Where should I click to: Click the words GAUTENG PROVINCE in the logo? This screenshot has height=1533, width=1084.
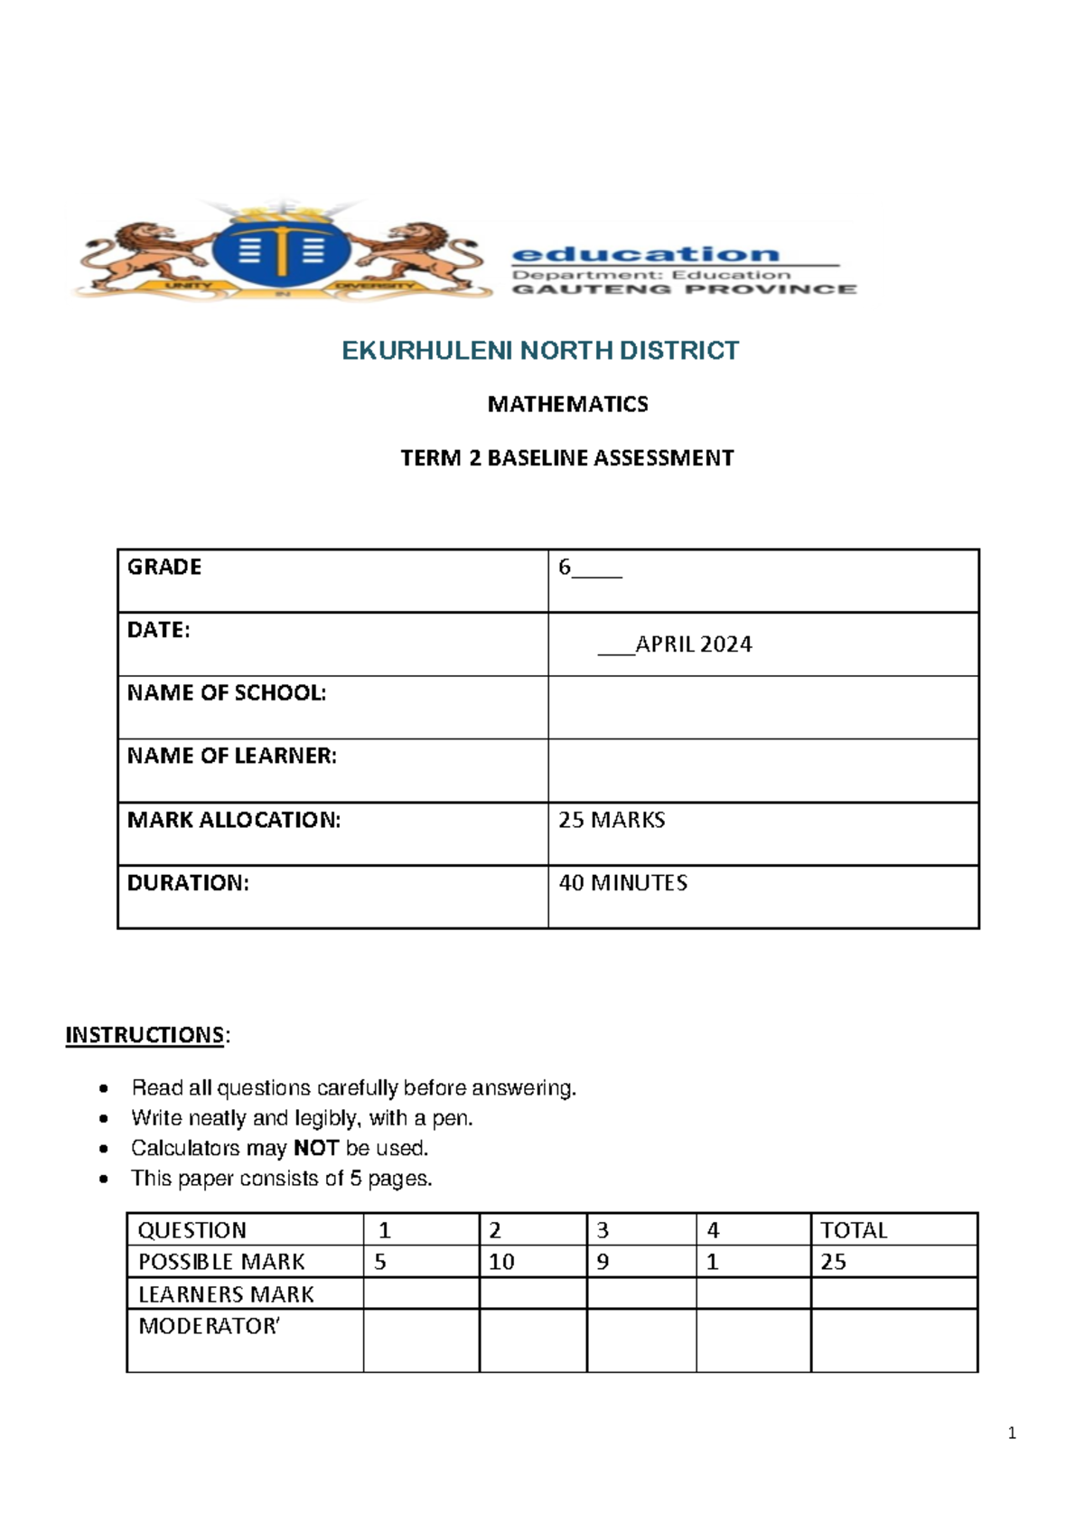[684, 289]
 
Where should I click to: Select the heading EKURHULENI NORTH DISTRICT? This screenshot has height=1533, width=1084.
[540, 351]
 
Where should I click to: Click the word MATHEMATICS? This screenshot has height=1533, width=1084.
[567, 404]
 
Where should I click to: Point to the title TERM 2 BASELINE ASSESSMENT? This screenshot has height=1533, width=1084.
[567, 458]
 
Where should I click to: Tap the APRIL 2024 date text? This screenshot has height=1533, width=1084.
[693, 644]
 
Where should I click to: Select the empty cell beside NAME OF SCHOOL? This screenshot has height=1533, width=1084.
[762, 708]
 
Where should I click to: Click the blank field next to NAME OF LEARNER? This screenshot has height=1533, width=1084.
[762, 770]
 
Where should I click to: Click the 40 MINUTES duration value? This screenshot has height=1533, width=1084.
[622, 883]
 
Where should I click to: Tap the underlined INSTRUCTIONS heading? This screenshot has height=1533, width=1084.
[145, 1035]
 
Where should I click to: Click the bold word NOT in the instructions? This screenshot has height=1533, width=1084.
[315, 1148]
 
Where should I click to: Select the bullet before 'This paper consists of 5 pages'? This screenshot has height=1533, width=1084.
[105, 1179]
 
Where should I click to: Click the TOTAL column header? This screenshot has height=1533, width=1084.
[853, 1230]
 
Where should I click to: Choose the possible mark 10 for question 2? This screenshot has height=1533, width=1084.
[501, 1262]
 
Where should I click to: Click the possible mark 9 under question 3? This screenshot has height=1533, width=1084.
[603, 1262]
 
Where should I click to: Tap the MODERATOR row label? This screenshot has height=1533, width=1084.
[209, 1326]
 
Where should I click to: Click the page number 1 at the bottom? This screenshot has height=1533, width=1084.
[1012, 1433]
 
